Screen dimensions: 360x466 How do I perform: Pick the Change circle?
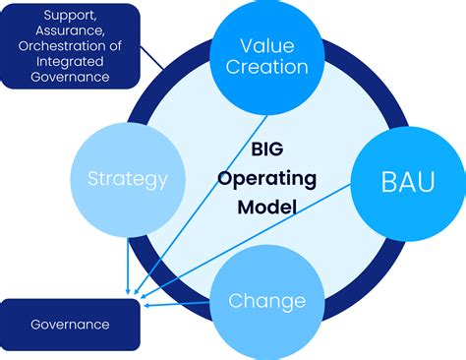click(x=266, y=300)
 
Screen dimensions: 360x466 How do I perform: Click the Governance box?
click(x=69, y=324)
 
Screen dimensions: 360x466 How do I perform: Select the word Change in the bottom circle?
click(x=266, y=300)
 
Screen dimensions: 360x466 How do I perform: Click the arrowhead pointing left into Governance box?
click(x=146, y=304)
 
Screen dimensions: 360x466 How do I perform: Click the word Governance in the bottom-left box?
click(x=69, y=324)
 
